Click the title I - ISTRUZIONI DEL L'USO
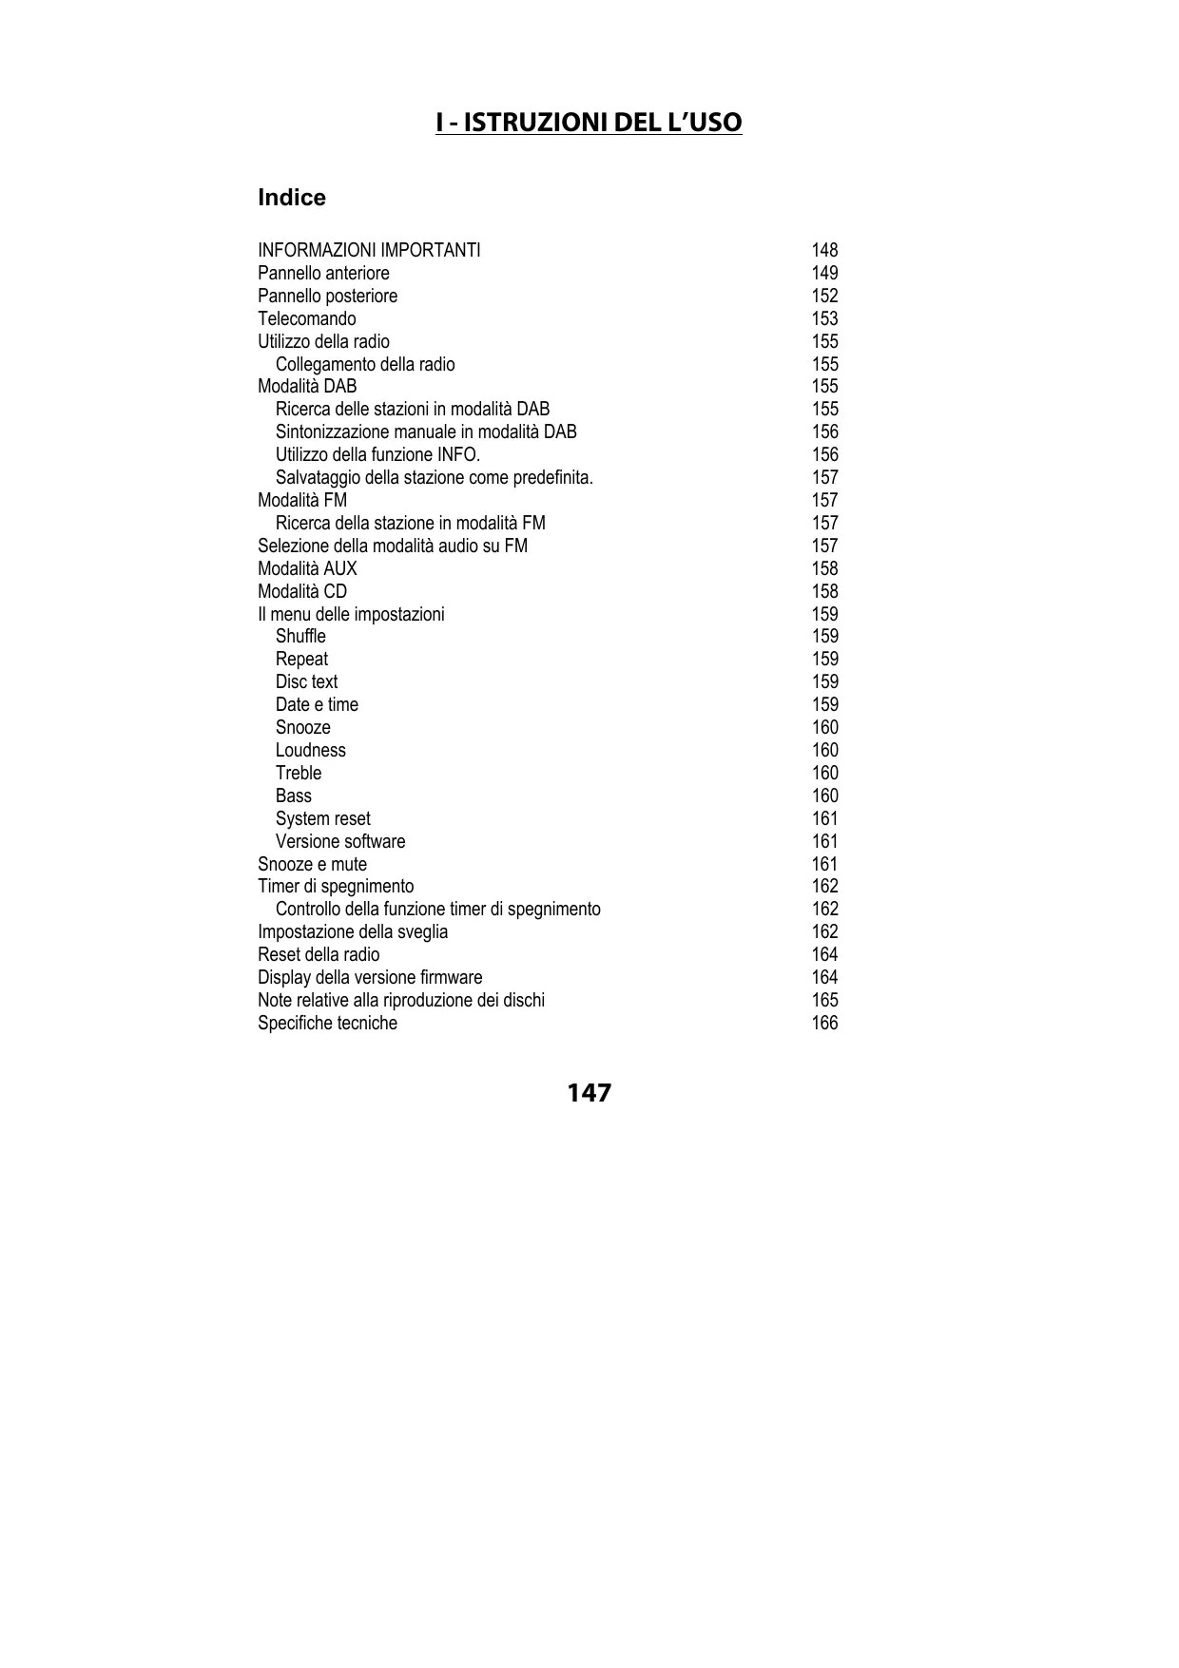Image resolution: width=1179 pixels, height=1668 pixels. [x=589, y=123]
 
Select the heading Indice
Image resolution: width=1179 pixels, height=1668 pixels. [x=292, y=198]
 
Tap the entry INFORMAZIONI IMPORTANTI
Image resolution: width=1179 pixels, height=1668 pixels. [x=369, y=250]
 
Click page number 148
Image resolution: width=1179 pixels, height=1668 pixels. [x=824, y=250]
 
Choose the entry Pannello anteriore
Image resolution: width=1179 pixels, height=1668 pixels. [x=323, y=273]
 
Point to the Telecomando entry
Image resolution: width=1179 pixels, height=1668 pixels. [x=306, y=318]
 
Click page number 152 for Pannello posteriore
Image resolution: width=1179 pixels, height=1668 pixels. [x=824, y=296]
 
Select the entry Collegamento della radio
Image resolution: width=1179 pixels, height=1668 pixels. [x=365, y=364]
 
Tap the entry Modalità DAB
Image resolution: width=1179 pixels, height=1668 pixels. [x=307, y=386]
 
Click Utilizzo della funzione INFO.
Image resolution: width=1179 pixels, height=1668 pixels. [x=377, y=454]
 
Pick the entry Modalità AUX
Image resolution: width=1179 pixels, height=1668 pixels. [x=307, y=568]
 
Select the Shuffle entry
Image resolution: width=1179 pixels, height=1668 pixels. [x=300, y=636]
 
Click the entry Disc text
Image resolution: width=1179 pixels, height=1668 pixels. [x=306, y=681]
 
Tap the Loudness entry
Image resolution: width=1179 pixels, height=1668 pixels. [x=310, y=750]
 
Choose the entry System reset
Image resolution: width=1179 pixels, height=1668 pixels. [x=322, y=818]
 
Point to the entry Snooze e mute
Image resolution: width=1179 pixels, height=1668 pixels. [x=312, y=864]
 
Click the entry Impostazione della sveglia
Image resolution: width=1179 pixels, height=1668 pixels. [x=353, y=931]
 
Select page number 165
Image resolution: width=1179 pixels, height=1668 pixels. [x=824, y=1000]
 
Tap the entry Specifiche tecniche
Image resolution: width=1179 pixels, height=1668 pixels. [x=327, y=1023]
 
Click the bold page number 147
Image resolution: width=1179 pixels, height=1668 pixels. [x=589, y=1093]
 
